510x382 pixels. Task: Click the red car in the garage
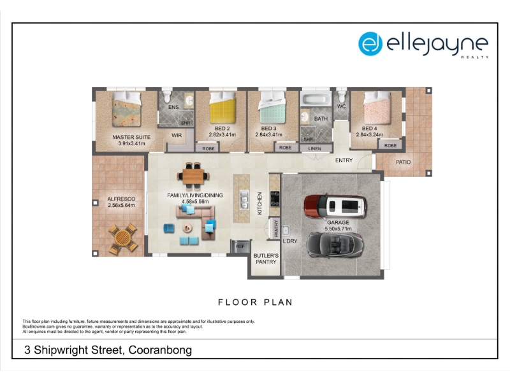(335, 206)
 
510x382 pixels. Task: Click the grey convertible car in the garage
(335, 245)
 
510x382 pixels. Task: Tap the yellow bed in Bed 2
(222, 108)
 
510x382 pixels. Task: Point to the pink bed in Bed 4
(377, 108)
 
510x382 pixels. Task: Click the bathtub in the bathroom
(316, 99)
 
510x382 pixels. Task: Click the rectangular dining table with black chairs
(193, 176)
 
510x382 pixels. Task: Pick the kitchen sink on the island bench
(244, 199)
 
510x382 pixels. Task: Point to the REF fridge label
(240, 246)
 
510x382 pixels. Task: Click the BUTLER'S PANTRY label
(266, 259)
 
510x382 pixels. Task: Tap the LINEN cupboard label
(314, 149)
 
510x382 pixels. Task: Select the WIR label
(177, 136)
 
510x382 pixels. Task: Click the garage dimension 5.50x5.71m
(338, 229)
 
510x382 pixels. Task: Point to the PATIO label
(404, 162)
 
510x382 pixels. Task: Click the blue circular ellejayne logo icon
(370, 43)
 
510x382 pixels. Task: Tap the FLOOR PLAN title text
(256, 302)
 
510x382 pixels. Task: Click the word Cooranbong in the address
(160, 350)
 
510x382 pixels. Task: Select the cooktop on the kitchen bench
(275, 199)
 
